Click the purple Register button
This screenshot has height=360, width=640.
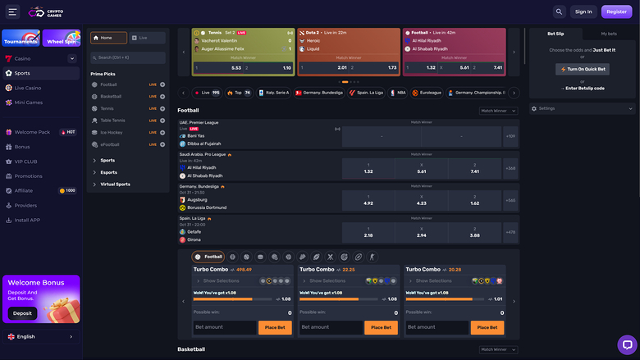pos(615,11)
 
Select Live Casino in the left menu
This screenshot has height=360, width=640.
pos(28,88)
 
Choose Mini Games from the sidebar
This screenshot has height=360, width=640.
pos(29,103)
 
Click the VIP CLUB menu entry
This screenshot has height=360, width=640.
pos(25,162)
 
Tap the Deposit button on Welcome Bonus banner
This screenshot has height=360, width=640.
pos(22,313)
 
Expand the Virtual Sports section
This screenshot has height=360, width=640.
pos(115,184)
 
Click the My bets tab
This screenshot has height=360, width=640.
pos(609,34)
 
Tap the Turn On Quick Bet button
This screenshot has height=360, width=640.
pos(582,70)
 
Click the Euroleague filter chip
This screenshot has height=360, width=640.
pos(426,93)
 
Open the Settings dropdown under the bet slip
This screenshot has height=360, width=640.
pos(582,108)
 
